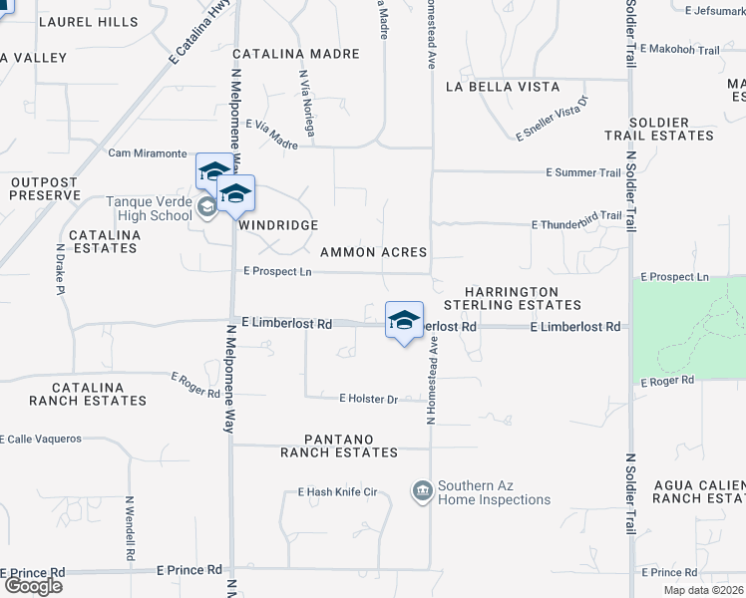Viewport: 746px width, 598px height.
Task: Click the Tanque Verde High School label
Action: tap(149, 208)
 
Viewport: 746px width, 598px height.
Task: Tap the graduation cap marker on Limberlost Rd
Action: tap(404, 321)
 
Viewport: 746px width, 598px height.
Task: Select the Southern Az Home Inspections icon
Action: tap(422, 490)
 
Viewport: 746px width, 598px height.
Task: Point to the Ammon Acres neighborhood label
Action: tap(373, 252)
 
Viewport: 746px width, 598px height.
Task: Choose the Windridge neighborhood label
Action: tap(278, 226)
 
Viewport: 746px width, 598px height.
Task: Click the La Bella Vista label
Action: tap(502, 87)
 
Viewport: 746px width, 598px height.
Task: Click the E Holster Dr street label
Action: tap(368, 399)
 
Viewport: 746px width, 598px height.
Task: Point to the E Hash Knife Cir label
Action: tap(337, 492)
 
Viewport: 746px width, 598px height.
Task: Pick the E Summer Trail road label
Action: tap(583, 172)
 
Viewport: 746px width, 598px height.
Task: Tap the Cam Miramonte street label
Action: tap(147, 153)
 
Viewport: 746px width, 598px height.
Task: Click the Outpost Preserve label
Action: tap(44, 188)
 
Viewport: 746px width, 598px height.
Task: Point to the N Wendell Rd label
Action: tap(131, 529)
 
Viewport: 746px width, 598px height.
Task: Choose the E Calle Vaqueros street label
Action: tap(55, 439)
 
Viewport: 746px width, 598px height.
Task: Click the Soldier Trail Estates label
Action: tap(659, 128)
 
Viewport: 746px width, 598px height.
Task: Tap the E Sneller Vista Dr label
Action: tap(553, 119)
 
